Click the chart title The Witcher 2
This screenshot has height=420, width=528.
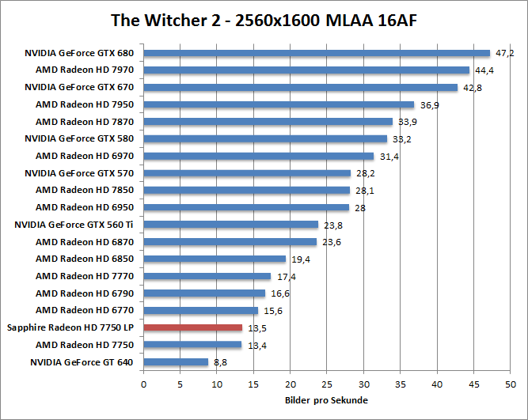263,19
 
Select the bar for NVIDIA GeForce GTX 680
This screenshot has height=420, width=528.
317,53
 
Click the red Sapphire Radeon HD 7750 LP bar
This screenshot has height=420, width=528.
192,327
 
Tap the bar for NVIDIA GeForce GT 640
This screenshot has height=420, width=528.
176,362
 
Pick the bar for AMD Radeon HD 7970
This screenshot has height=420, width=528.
306,70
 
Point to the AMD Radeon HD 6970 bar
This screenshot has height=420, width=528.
258,156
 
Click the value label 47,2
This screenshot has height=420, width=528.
505,53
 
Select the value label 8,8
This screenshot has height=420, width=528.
219,362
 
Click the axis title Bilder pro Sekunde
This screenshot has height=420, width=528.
326,400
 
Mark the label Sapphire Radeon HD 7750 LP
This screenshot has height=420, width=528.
70,327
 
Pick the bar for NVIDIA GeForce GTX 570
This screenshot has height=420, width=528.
246,173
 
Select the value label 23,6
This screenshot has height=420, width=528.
329,242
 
